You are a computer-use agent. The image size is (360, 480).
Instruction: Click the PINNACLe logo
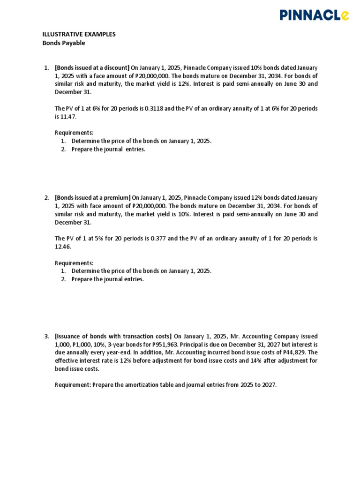[314, 15]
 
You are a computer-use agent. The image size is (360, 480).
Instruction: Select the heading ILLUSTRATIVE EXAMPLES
[79, 35]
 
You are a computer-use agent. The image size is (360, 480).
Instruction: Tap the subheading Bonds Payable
[64, 43]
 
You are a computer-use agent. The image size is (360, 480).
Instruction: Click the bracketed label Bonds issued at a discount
[92, 68]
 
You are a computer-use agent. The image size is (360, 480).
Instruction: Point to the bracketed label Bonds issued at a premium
[93, 198]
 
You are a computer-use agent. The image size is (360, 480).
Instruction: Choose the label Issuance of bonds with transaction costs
[113, 336]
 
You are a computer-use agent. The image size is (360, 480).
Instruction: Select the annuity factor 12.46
[63, 247]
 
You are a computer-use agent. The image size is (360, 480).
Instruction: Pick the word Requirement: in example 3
[73, 385]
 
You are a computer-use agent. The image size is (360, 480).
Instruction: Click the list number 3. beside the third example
[47, 336]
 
